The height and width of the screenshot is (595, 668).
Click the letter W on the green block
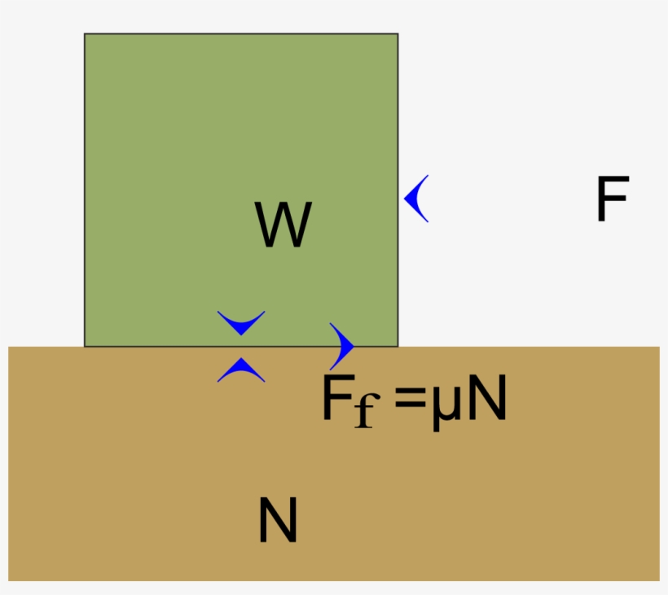click(283, 225)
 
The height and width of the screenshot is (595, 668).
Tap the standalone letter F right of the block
click(612, 200)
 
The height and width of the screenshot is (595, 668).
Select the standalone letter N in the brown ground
click(278, 521)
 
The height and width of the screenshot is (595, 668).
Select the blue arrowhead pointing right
click(344, 346)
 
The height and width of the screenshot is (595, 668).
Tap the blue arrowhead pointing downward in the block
click(241, 322)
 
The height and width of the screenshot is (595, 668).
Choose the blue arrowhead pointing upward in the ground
click(241, 370)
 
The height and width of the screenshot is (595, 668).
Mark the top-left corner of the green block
click(85, 34)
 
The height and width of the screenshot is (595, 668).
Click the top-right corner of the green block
click(398, 34)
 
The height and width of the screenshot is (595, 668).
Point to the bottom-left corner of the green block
click(85, 346)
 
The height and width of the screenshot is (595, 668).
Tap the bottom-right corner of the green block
click(398, 346)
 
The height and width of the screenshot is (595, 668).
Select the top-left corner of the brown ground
click(9, 348)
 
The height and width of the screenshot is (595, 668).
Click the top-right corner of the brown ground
click(659, 348)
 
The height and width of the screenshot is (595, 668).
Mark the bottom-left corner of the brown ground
click(9, 580)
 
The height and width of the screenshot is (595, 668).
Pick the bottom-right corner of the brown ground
click(659, 580)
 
